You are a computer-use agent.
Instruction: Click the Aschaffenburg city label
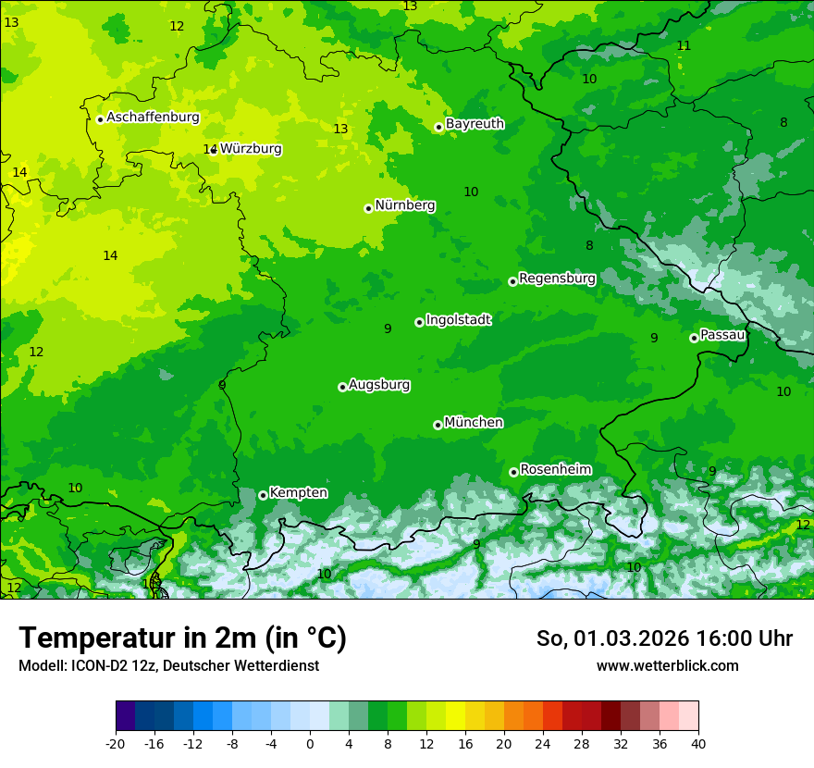pyautogui.click(x=153, y=118)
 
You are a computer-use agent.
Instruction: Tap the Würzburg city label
pyautogui.click(x=251, y=149)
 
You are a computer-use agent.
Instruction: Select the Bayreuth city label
pyautogui.click(x=475, y=124)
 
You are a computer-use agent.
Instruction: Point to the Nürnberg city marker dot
pyautogui.click(x=368, y=208)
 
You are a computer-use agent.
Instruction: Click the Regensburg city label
pyautogui.click(x=557, y=279)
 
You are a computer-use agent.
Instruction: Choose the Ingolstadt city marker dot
pyautogui.click(x=419, y=322)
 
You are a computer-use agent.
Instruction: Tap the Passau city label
pyautogui.click(x=722, y=335)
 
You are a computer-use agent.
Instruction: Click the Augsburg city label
pyautogui.click(x=379, y=385)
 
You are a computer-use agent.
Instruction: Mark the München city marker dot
pyautogui.click(x=438, y=425)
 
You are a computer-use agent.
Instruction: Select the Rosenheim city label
pyautogui.click(x=555, y=470)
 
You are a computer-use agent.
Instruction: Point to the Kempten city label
pyautogui.click(x=298, y=493)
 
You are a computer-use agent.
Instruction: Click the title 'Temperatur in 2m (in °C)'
pyautogui.click(x=182, y=638)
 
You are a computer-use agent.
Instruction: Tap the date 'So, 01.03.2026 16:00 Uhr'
pyautogui.click(x=664, y=638)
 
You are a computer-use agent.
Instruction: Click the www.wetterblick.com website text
pyautogui.click(x=667, y=666)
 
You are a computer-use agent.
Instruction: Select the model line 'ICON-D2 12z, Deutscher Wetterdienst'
pyautogui.click(x=168, y=666)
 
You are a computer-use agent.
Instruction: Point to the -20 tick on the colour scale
pyautogui.click(x=116, y=743)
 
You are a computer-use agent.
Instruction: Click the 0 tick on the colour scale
pyautogui.click(x=310, y=743)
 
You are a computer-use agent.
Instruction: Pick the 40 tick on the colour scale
pyautogui.click(x=698, y=743)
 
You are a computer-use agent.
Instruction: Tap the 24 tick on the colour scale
pyautogui.click(x=543, y=743)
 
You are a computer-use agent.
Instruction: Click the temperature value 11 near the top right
pyautogui.click(x=684, y=46)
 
